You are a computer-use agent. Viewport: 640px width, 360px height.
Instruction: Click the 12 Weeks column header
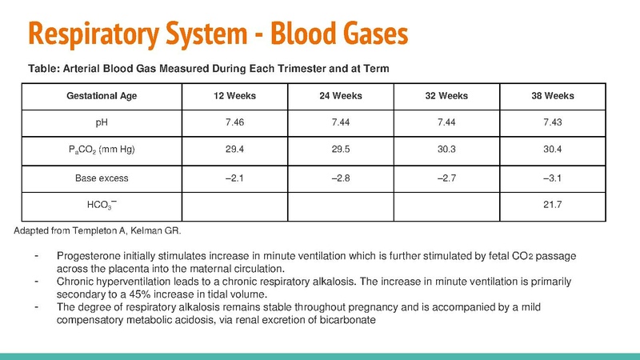click(234, 96)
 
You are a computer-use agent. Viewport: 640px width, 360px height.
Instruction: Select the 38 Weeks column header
click(552, 96)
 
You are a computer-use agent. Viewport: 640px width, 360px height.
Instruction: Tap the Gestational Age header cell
click(102, 96)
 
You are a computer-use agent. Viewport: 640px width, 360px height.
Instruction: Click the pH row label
click(102, 123)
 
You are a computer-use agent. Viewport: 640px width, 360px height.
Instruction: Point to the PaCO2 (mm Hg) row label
click(102, 150)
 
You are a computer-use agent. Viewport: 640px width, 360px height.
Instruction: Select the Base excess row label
click(102, 178)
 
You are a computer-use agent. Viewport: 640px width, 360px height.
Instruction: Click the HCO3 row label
click(102, 205)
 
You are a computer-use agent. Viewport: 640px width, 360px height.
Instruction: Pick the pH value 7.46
click(234, 123)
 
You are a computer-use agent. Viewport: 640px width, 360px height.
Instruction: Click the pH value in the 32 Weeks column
click(446, 123)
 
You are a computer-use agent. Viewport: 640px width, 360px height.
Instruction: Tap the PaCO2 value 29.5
click(341, 150)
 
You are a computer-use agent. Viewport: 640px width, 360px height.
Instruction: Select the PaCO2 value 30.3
click(446, 150)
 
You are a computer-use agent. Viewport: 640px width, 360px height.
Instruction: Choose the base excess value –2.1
click(234, 178)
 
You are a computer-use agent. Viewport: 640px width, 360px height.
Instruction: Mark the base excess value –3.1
click(552, 178)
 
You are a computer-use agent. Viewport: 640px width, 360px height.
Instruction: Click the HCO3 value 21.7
click(552, 205)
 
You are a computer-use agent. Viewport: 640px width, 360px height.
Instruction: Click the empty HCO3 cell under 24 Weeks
click(341, 205)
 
